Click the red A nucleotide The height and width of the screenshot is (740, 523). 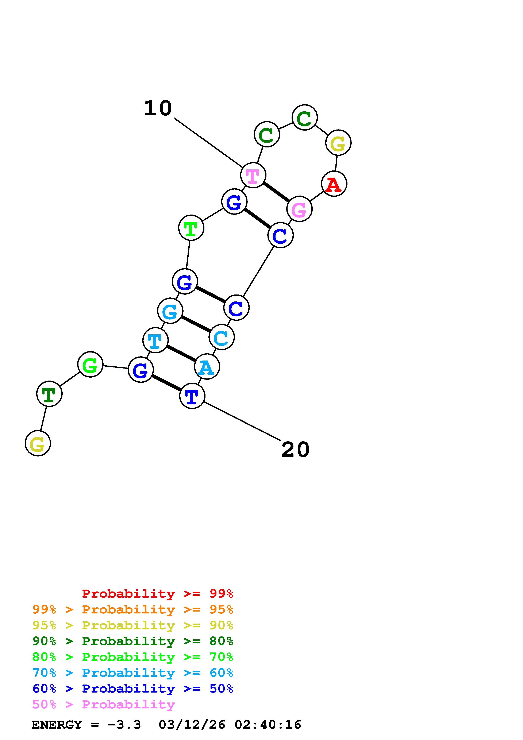pos(334,184)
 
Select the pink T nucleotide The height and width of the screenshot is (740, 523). pos(253,175)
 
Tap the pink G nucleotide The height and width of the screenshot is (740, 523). pos(299,209)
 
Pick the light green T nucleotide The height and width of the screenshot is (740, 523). pos(191,228)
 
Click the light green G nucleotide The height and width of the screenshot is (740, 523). pos(90,365)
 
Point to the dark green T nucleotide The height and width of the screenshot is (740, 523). pos(49,394)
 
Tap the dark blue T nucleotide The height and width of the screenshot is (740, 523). pos(192,396)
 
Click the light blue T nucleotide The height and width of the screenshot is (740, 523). pos(155,340)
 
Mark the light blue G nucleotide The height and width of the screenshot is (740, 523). pos(170,311)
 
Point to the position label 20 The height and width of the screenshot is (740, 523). pos(295,450)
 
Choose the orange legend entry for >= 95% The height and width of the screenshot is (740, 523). pos(133,609)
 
